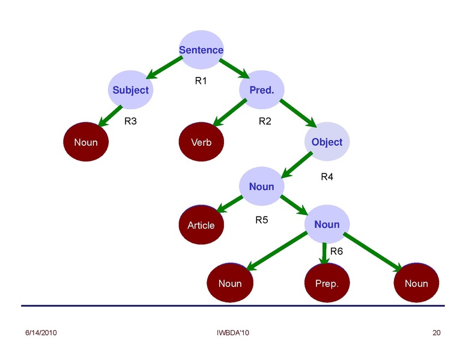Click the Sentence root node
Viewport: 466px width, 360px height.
click(x=201, y=50)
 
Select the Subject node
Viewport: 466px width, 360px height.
click(x=130, y=91)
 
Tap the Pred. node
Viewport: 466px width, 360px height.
click(x=261, y=91)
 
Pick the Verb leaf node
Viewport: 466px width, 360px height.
click(x=201, y=142)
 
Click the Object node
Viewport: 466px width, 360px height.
click(x=327, y=142)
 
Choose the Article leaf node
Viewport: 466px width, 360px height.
click(x=201, y=225)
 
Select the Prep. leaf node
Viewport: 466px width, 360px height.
click(x=327, y=283)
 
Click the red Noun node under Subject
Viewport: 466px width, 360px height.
click(x=86, y=142)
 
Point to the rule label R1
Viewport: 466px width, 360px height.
click(x=201, y=80)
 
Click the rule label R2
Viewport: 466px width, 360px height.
click(x=265, y=121)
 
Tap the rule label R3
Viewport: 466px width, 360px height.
click(x=130, y=121)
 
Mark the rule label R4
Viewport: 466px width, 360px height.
click(x=327, y=177)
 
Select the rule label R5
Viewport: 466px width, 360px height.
click(x=261, y=220)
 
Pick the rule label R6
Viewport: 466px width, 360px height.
click(x=337, y=251)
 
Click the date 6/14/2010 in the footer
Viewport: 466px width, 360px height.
click(x=41, y=332)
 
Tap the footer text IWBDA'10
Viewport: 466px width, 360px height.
click(x=232, y=332)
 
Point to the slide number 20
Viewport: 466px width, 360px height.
click(x=437, y=332)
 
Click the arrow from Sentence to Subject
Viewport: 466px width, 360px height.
click(x=164, y=68)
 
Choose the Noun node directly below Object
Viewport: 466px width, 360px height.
click(x=261, y=187)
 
